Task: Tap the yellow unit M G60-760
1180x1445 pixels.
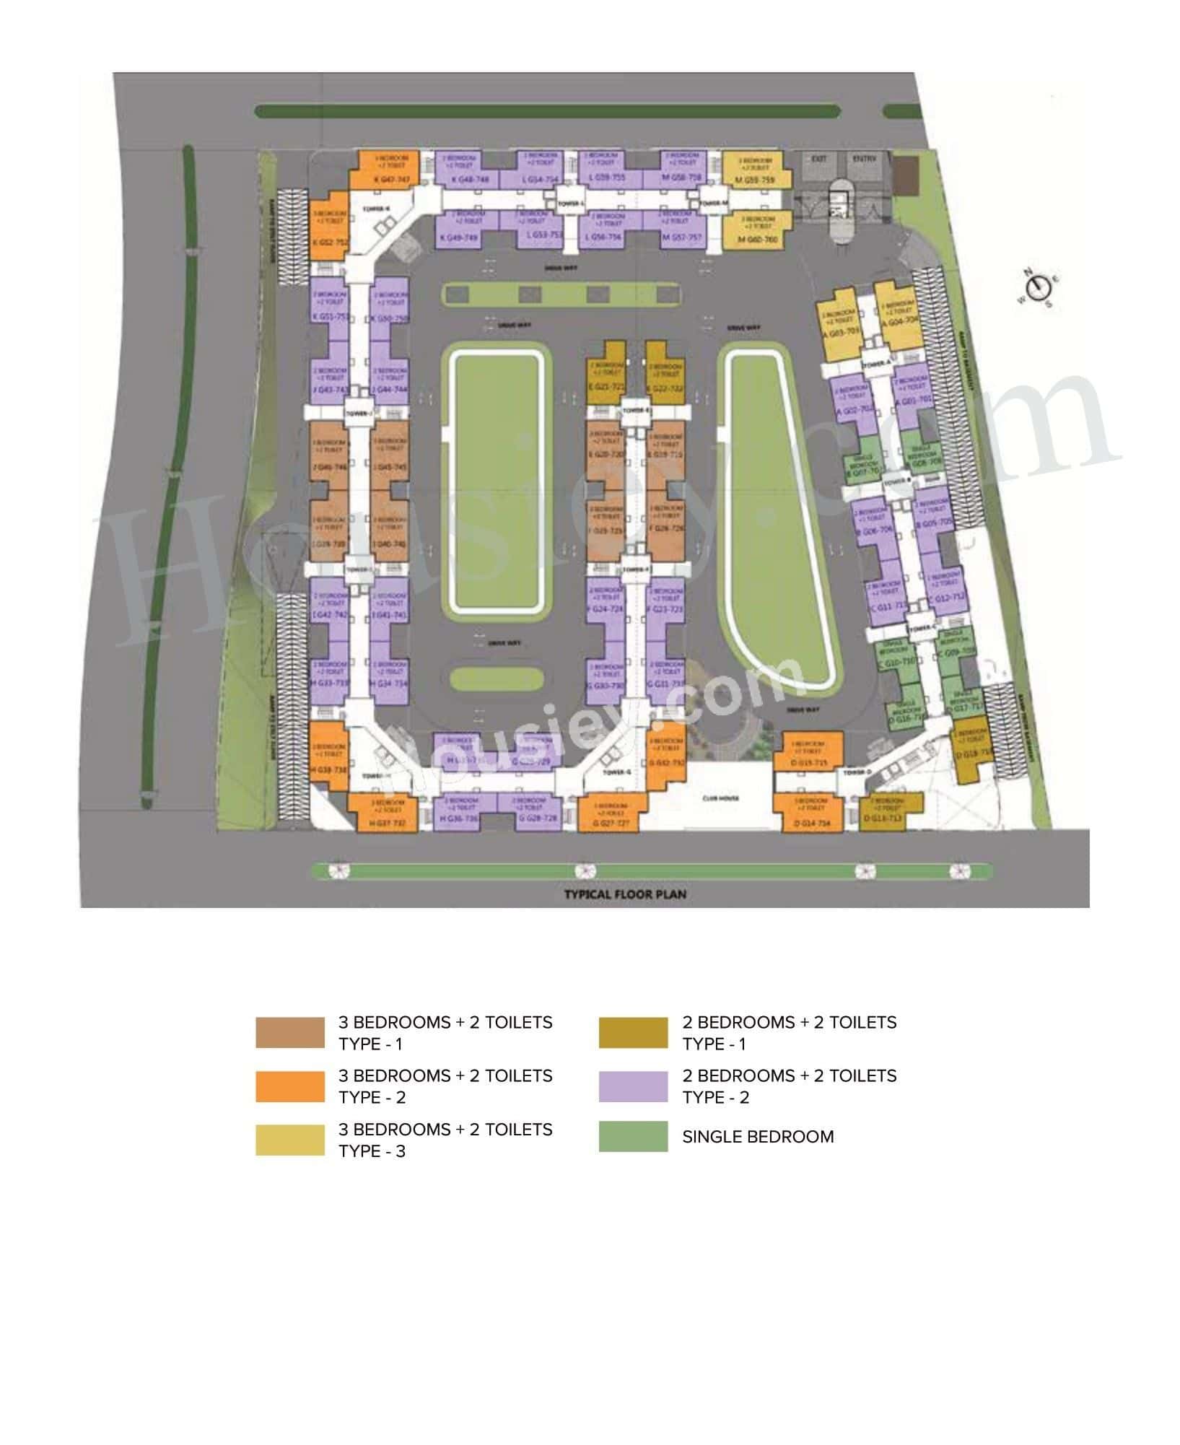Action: point(757,230)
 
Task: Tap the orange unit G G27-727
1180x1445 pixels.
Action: point(611,813)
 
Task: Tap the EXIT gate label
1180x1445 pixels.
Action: point(819,158)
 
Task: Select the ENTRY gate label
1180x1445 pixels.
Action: point(863,158)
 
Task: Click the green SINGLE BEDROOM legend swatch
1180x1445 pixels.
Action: point(633,1136)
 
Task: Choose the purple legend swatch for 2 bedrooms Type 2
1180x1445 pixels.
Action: point(633,1086)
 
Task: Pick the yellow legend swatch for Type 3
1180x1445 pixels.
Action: point(289,1140)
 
